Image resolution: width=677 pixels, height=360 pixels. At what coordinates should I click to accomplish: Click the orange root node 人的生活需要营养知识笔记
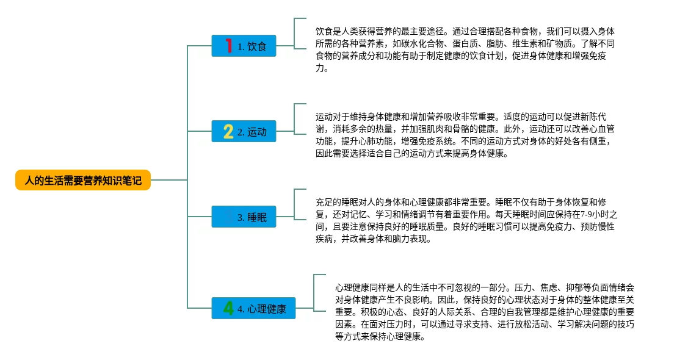coord(83,181)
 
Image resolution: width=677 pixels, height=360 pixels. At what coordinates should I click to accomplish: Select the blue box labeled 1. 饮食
coord(244,46)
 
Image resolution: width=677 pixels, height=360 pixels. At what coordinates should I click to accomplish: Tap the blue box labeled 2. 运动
coord(244,131)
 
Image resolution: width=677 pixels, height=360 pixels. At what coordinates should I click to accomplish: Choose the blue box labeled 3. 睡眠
coord(244,217)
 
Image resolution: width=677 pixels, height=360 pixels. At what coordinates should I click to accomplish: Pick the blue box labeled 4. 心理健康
coord(253,309)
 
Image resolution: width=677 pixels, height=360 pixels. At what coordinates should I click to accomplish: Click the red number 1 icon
coord(229,46)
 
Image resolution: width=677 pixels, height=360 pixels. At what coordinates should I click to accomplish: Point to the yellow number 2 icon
coord(228,131)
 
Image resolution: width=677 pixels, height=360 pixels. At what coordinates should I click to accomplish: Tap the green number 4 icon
coord(228,309)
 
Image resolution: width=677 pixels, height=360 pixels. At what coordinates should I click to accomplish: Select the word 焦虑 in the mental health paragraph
coord(555,287)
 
